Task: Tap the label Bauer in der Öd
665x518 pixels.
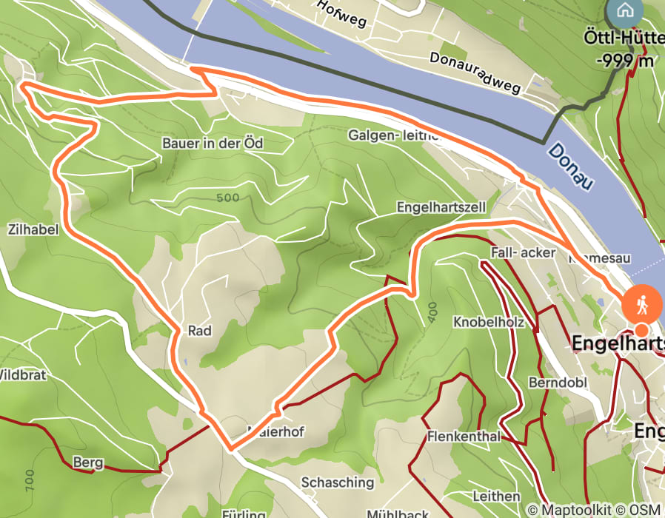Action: tap(212, 143)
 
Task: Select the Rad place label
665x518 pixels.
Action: tap(200, 332)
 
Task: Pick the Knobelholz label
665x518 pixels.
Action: tap(488, 323)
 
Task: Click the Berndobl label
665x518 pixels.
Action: tap(547, 383)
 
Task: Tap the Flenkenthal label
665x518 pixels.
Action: tap(464, 437)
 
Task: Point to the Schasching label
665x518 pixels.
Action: tap(337, 482)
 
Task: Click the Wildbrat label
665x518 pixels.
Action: tap(22, 375)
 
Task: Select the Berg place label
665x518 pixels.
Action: tap(88, 463)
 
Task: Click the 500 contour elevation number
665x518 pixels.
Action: tap(229, 198)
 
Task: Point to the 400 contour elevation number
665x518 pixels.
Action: tap(432, 311)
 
